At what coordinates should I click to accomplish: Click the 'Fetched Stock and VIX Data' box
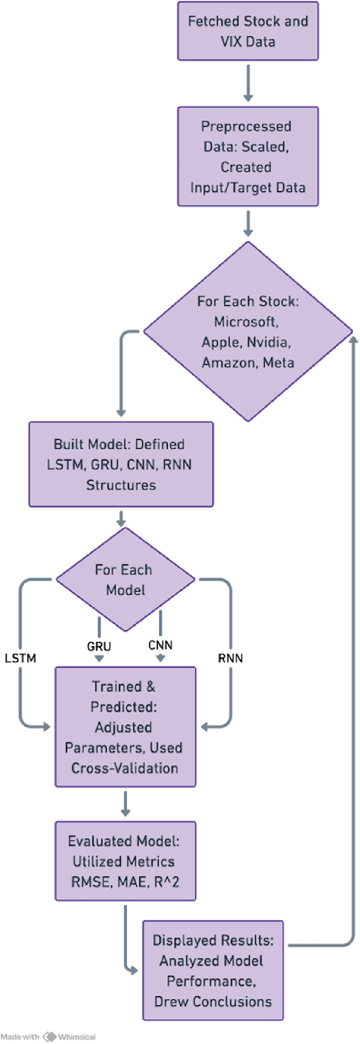[x=248, y=31]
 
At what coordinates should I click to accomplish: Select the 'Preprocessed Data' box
[x=248, y=157]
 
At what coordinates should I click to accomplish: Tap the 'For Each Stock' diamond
[x=248, y=332]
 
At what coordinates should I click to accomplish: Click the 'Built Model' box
[x=121, y=464]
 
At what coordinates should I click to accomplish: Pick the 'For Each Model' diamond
[x=125, y=580]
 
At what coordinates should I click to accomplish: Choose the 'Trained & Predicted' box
[x=125, y=727]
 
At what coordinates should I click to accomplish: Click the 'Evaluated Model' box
[x=125, y=861]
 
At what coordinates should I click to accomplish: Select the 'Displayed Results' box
[x=213, y=970]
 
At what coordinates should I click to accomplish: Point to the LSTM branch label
[x=20, y=658]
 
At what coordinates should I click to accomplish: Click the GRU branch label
[x=99, y=646]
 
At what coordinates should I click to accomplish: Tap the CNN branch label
[x=160, y=645]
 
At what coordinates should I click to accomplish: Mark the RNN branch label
[x=231, y=658]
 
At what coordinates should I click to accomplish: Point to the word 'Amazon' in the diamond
[x=225, y=363]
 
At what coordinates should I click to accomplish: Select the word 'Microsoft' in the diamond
[x=246, y=322]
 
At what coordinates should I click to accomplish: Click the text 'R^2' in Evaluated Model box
[x=167, y=882]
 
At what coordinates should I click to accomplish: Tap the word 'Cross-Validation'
[x=125, y=768]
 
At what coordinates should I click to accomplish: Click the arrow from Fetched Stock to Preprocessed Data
[x=248, y=83]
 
